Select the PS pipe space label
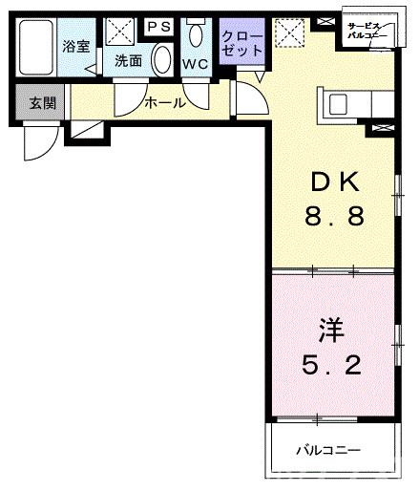click(x=157, y=26)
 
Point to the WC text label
click(x=196, y=64)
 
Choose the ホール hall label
click(x=164, y=102)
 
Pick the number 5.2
click(x=330, y=364)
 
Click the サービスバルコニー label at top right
click(x=367, y=31)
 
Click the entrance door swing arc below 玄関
click(x=39, y=143)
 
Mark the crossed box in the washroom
click(x=120, y=32)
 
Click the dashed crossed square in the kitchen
click(x=286, y=33)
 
